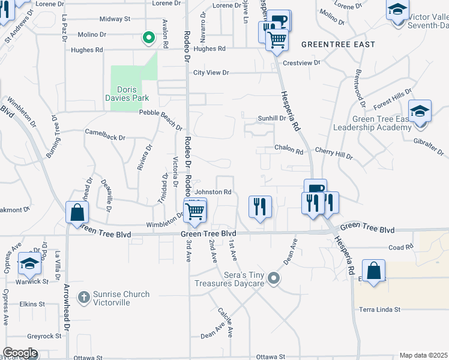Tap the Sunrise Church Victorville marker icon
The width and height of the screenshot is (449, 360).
click(x=84, y=296)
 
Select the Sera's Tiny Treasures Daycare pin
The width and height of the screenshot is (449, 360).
click(x=274, y=278)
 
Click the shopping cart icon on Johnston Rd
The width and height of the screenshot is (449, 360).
click(x=195, y=211)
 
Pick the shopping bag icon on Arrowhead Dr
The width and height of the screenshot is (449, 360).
click(x=77, y=212)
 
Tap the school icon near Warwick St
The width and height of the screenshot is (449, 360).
click(x=29, y=264)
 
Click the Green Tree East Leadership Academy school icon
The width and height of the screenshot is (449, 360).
click(x=420, y=112)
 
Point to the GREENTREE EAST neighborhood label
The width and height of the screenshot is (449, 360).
click(x=338, y=44)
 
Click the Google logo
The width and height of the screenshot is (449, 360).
click(x=20, y=353)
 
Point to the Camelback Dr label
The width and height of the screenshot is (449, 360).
click(x=105, y=134)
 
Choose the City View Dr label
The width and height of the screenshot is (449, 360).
click(x=211, y=73)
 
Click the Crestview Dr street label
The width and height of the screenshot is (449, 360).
click(x=301, y=62)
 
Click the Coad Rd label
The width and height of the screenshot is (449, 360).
click(x=402, y=247)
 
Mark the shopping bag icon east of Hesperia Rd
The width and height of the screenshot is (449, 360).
click(x=373, y=271)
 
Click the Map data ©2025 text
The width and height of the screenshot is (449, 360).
click(x=423, y=355)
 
